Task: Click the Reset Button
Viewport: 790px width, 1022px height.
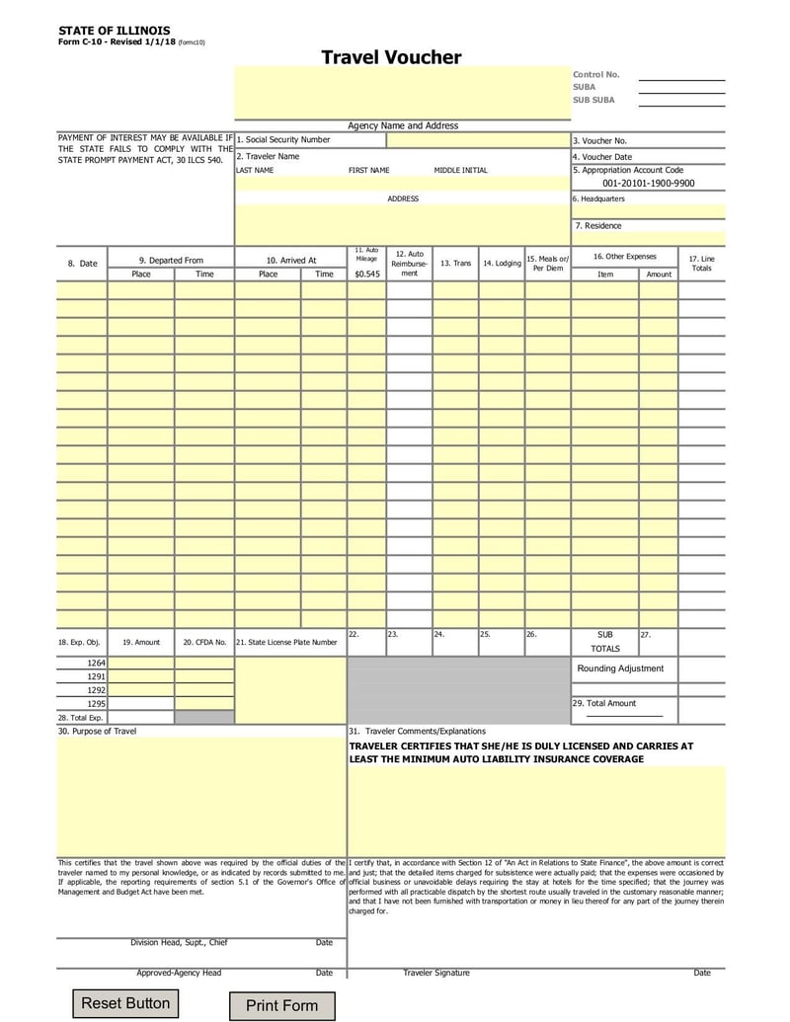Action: (125, 1003)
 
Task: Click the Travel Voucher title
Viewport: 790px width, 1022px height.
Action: (391, 57)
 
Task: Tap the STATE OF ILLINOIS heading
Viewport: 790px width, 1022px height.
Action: (114, 32)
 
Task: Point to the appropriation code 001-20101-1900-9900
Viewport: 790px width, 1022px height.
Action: (648, 184)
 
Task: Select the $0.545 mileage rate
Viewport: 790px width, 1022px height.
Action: (366, 274)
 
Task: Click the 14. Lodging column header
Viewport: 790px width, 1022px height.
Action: (502, 264)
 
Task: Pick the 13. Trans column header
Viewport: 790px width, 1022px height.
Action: (455, 264)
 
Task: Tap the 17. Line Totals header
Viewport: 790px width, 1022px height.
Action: (701, 264)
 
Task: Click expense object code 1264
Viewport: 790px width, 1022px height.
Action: (96, 663)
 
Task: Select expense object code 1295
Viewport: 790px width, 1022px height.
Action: (96, 703)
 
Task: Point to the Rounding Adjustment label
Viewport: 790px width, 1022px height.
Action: (621, 668)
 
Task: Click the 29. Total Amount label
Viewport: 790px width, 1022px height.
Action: (604, 703)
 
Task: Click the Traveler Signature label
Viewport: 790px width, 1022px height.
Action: (436, 973)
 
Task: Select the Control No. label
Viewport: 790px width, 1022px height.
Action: (596, 74)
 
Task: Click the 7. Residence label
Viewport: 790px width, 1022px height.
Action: (598, 225)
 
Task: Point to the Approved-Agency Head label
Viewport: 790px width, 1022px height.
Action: (179, 973)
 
